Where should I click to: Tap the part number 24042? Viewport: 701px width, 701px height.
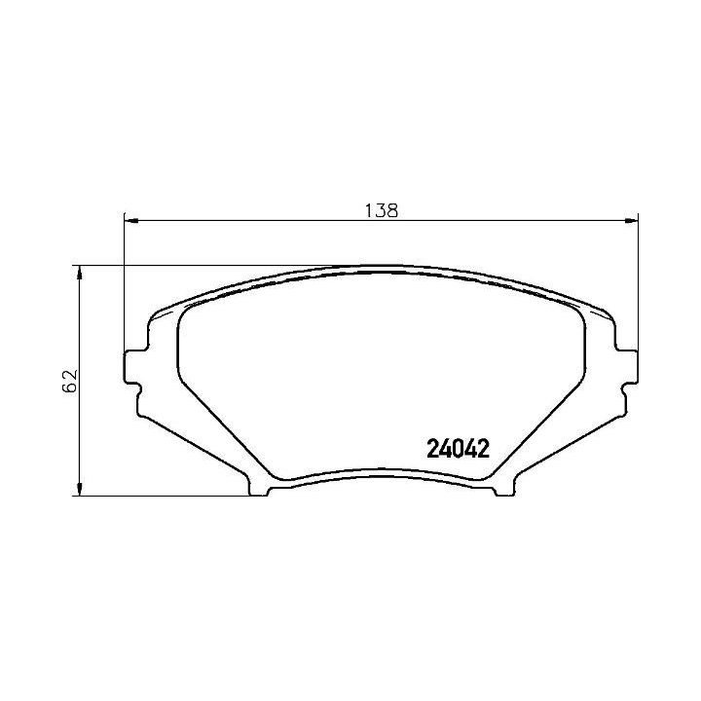tap(457, 448)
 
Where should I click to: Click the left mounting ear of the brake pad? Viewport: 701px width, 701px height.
tap(132, 365)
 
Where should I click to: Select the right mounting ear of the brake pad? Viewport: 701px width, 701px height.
tap(629, 365)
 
